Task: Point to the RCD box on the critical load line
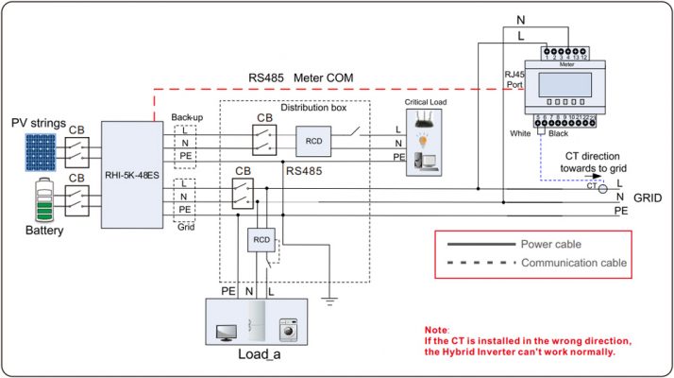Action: (x=313, y=140)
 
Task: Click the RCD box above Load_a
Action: (x=261, y=241)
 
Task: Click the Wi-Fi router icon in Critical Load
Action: (x=425, y=117)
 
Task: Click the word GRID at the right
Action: (x=649, y=201)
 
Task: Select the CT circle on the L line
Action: (x=603, y=189)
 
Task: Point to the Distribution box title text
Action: (x=313, y=108)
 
